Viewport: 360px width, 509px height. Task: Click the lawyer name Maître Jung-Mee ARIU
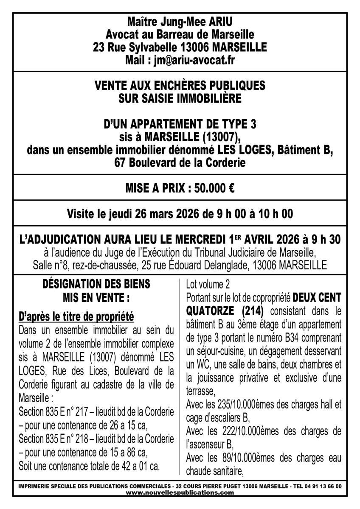click(180, 21)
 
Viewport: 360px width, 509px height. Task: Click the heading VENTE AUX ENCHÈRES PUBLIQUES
click(180, 85)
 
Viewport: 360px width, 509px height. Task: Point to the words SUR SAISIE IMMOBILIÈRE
click(180, 98)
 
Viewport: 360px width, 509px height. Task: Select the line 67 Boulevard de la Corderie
click(180, 162)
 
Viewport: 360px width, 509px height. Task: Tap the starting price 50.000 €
click(212, 188)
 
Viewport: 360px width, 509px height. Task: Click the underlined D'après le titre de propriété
click(77, 316)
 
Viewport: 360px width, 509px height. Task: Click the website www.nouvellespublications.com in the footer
click(180, 492)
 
